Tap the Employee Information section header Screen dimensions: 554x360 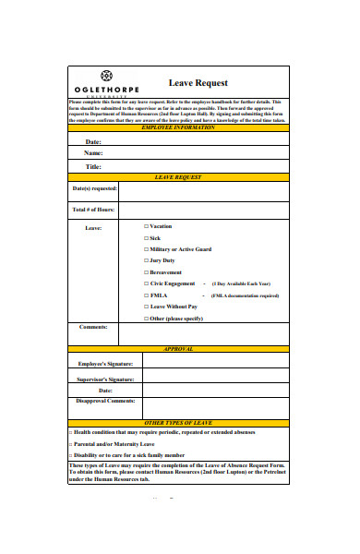[177, 127]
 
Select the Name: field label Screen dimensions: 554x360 [93, 153]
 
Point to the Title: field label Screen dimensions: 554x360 [93, 167]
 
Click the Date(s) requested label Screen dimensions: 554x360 [95, 189]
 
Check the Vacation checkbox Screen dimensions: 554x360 [146, 226]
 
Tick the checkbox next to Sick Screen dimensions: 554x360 [146, 238]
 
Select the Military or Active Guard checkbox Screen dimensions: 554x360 [146, 249]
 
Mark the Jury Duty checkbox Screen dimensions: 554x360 [146, 261]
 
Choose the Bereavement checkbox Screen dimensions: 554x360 [146, 272]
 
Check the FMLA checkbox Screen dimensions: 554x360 [146, 295]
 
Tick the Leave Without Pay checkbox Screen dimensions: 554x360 [146, 307]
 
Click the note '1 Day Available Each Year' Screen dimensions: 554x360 [241, 283]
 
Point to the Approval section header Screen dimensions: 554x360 [177, 350]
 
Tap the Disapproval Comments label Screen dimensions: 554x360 [105, 401]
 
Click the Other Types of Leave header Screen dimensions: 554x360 [177, 422]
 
